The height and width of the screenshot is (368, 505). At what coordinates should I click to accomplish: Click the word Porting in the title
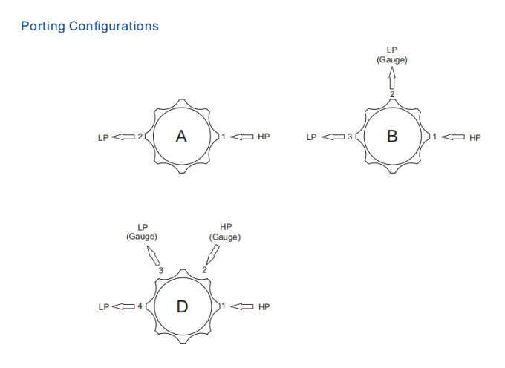[43, 27]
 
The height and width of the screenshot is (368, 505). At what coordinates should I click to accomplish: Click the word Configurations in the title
[114, 27]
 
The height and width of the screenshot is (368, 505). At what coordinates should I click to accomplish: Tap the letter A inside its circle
[181, 137]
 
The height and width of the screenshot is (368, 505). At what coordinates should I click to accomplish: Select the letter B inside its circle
[392, 136]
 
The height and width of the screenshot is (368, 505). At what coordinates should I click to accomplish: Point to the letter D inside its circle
[182, 306]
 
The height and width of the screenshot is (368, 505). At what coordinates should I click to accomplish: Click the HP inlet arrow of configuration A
[242, 137]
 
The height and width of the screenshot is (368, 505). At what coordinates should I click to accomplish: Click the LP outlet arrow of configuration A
[123, 137]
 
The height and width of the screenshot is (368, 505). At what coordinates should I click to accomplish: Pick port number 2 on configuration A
[140, 137]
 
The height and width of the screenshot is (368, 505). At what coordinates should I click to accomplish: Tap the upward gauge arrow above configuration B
[392, 78]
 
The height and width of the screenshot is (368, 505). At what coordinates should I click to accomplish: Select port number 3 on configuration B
[350, 137]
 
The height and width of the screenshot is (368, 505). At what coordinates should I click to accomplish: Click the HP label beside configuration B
[475, 138]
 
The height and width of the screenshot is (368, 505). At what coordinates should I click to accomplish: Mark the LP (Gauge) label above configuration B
[392, 55]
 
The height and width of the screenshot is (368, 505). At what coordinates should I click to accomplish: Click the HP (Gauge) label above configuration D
[225, 232]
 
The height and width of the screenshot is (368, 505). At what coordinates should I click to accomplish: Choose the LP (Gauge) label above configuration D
[142, 232]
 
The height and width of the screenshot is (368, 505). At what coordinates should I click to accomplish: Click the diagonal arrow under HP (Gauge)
[212, 254]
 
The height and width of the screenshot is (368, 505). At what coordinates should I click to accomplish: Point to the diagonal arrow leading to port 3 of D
[154, 256]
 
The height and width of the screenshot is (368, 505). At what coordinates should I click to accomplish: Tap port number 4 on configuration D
[140, 306]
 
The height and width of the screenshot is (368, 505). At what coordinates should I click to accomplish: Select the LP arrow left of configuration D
[123, 306]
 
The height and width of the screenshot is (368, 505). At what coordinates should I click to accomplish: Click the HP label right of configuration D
[264, 307]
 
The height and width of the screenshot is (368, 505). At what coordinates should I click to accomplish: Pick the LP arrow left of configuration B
[333, 137]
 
